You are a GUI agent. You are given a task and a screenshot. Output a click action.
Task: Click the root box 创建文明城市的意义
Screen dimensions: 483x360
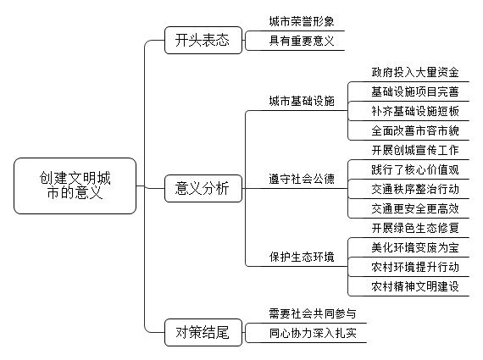click(x=75, y=186)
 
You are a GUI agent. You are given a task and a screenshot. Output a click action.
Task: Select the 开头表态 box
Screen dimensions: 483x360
click(x=203, y=41)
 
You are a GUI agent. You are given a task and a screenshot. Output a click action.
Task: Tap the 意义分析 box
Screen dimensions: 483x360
click(x=203, y=188)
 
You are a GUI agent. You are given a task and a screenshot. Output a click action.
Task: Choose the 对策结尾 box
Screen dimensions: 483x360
click(x=203, y=333)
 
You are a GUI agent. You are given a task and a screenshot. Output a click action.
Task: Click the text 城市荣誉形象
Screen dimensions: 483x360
click(x=302, y=21)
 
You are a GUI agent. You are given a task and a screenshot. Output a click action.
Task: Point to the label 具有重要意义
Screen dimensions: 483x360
click(x=302, y=41)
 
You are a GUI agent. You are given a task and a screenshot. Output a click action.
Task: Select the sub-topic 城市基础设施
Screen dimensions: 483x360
click(x=302, y=101)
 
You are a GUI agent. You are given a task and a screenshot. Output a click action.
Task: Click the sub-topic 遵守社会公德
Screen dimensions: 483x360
click(x=302, y=179)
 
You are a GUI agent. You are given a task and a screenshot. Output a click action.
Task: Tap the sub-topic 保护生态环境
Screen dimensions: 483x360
click(x=302, y=257)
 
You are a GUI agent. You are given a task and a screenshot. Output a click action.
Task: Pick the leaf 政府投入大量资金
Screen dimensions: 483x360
click(x=415, y=72)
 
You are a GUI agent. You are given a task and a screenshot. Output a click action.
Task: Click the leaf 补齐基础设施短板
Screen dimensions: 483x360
click(x=415, y=111)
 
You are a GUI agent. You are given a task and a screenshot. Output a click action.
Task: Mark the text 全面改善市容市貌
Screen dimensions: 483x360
click(x=415, y=131)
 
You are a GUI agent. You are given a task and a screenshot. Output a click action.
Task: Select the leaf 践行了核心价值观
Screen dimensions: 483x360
click(x=415, y=169)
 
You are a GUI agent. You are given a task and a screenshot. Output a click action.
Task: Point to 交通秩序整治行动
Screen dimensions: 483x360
click(x=415, y=189)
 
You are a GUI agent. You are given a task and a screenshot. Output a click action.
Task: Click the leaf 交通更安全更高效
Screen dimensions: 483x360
click(x=415, y=208)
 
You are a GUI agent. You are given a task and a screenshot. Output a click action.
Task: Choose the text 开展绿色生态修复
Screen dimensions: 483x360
click(x=415, y=228)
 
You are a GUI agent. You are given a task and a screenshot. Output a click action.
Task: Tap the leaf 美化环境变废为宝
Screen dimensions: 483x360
click(x=415, y=247)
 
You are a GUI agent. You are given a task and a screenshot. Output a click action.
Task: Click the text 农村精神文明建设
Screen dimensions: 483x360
click(x=415, y=286)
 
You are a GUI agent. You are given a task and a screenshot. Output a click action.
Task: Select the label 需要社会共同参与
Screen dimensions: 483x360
click(x=313, y=313)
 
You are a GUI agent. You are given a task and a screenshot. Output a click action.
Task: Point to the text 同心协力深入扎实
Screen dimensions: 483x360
click(x=313, y=333)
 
